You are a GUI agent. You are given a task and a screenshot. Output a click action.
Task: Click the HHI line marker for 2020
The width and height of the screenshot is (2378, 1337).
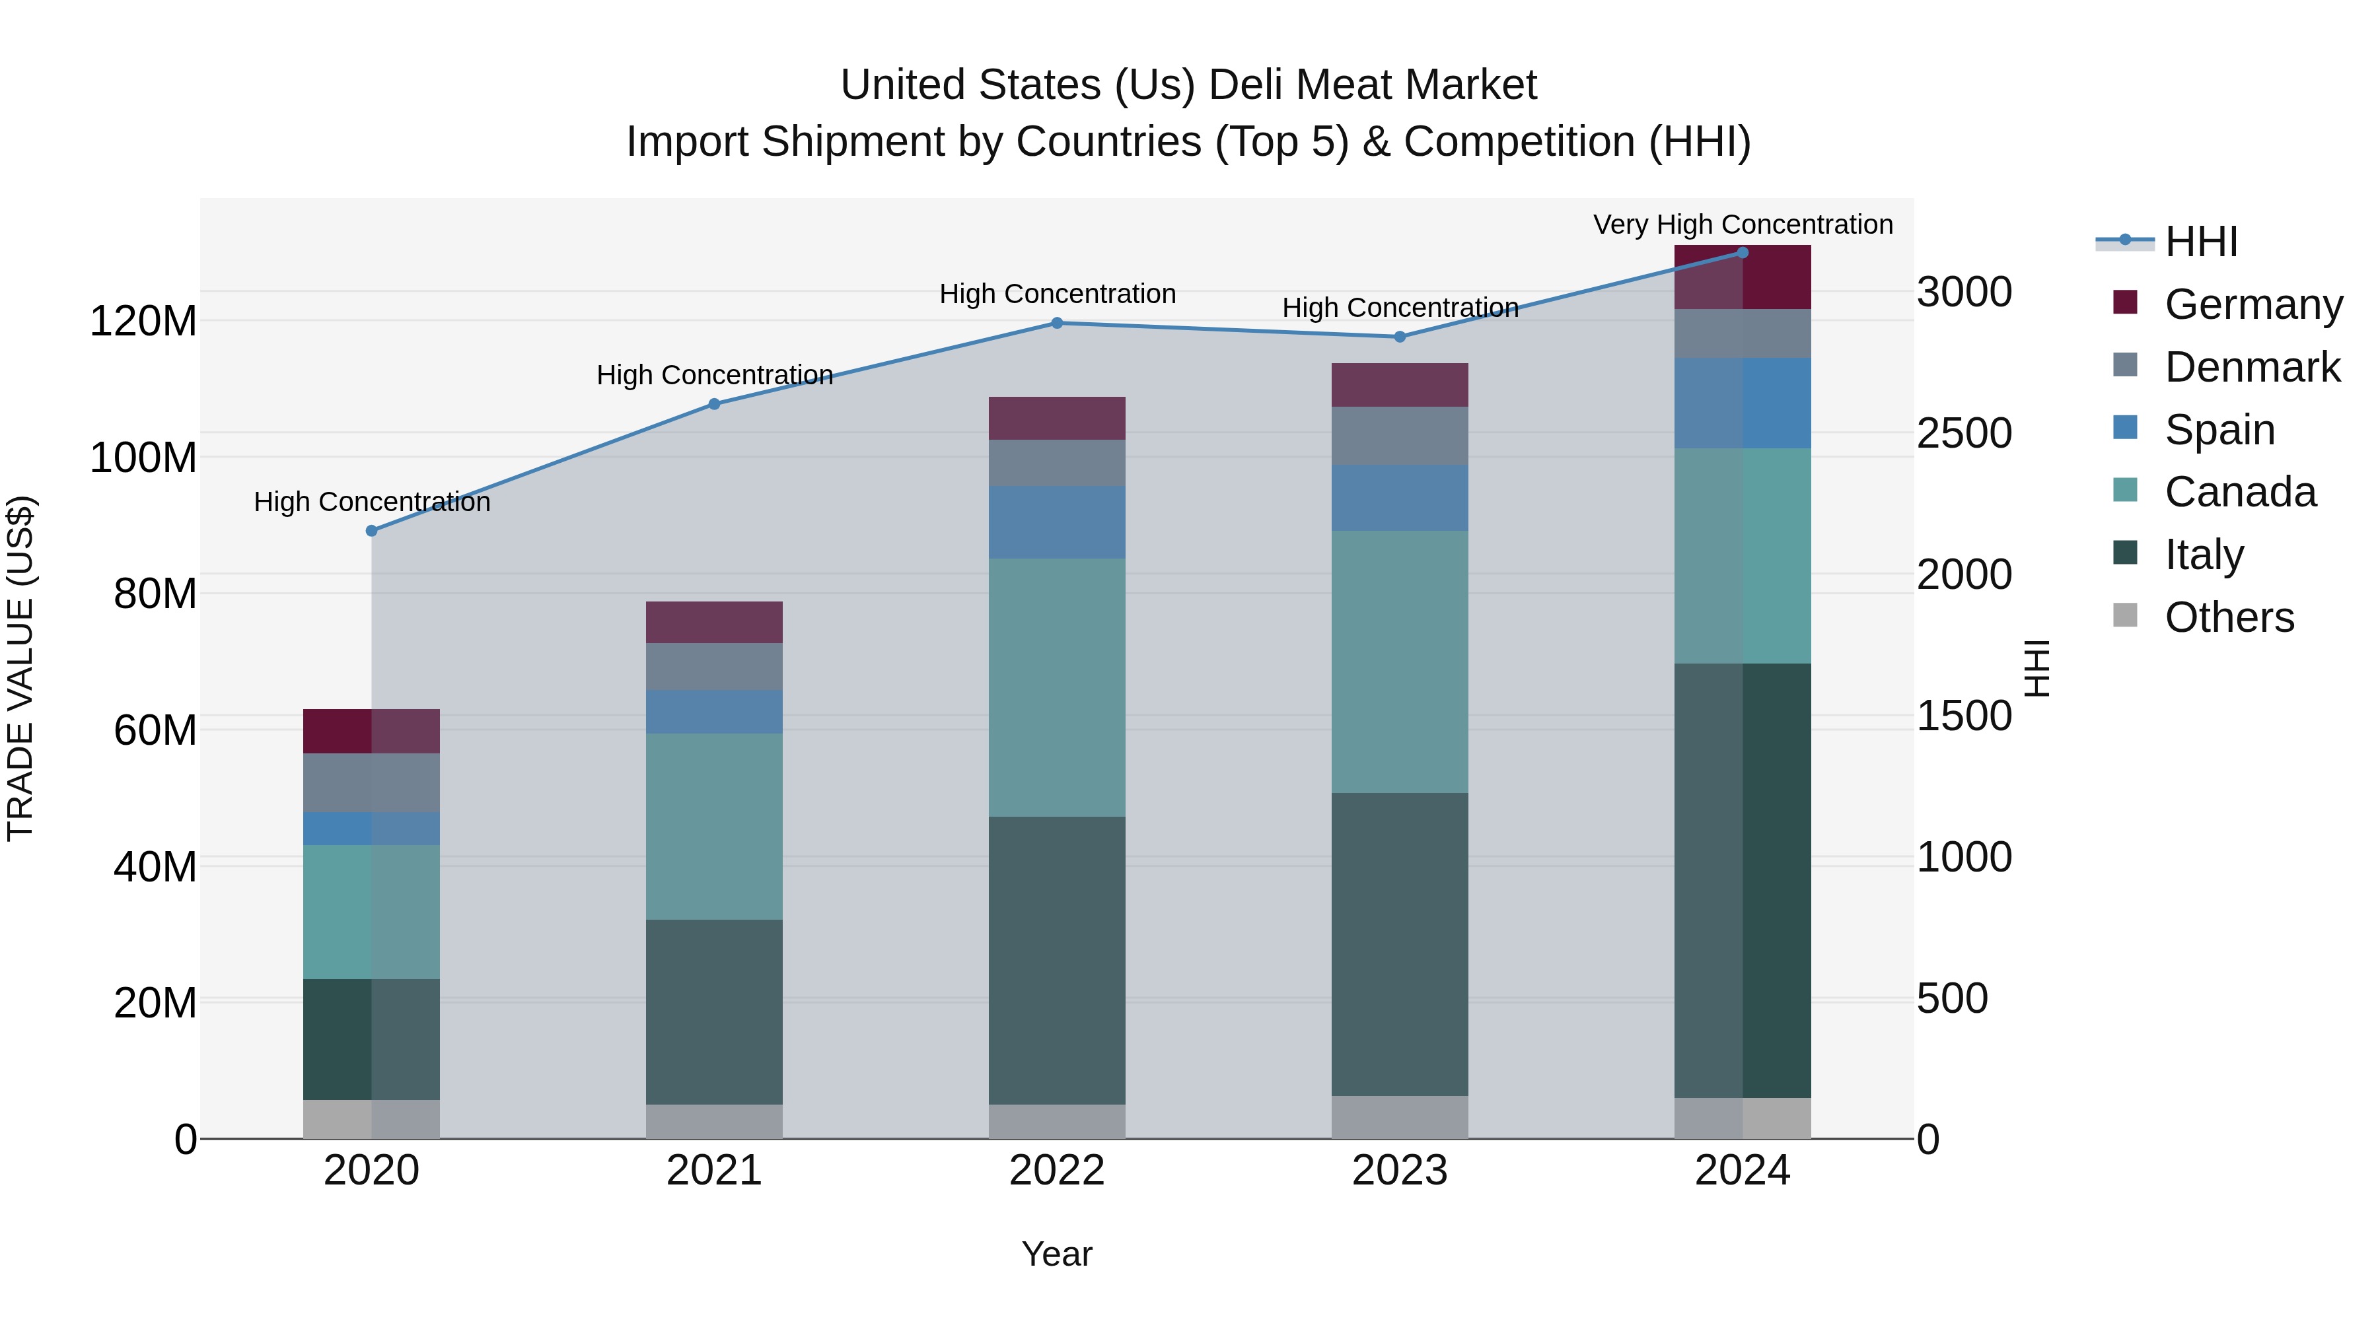(371, 531)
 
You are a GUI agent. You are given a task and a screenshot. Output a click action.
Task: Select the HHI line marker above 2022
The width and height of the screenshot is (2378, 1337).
(1057, 323)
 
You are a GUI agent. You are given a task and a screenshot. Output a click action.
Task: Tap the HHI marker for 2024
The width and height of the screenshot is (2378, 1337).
(1742, 253)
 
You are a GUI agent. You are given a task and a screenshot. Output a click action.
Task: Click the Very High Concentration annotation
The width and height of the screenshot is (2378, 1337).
(1742, 224)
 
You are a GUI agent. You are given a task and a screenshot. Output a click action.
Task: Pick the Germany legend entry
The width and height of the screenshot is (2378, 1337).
(2252, 304)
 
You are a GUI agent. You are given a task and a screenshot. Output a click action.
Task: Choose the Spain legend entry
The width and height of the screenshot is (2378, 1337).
(2219, 430)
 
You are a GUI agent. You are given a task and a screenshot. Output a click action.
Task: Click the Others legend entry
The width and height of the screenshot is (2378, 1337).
(2229, 617)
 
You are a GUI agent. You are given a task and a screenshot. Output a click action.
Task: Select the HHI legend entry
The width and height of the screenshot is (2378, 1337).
(2201, 242)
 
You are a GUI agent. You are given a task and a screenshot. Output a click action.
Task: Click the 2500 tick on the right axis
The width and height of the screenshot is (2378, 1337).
(1964, 434)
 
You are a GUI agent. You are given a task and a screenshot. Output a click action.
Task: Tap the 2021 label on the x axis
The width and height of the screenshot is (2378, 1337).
(713, 1171)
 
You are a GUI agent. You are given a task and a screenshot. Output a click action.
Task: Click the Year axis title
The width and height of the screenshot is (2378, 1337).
(1056, 1254)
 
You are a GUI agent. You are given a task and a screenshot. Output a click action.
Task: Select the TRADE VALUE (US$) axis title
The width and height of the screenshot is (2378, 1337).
(21, 668)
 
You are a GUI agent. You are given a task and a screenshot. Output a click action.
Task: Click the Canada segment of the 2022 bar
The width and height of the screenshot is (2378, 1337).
(1057, 687)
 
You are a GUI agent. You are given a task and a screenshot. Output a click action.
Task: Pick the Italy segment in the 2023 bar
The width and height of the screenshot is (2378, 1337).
(1400, 944)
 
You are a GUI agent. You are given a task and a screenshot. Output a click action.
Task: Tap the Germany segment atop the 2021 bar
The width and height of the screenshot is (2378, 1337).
(713, 622)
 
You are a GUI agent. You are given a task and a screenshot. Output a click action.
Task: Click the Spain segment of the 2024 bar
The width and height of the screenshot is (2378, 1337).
(1742, 403)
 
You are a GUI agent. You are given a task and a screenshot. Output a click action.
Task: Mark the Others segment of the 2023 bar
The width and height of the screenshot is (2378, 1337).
(1400, 1117)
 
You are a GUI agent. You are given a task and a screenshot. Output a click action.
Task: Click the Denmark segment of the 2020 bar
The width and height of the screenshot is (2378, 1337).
(371, 782)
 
